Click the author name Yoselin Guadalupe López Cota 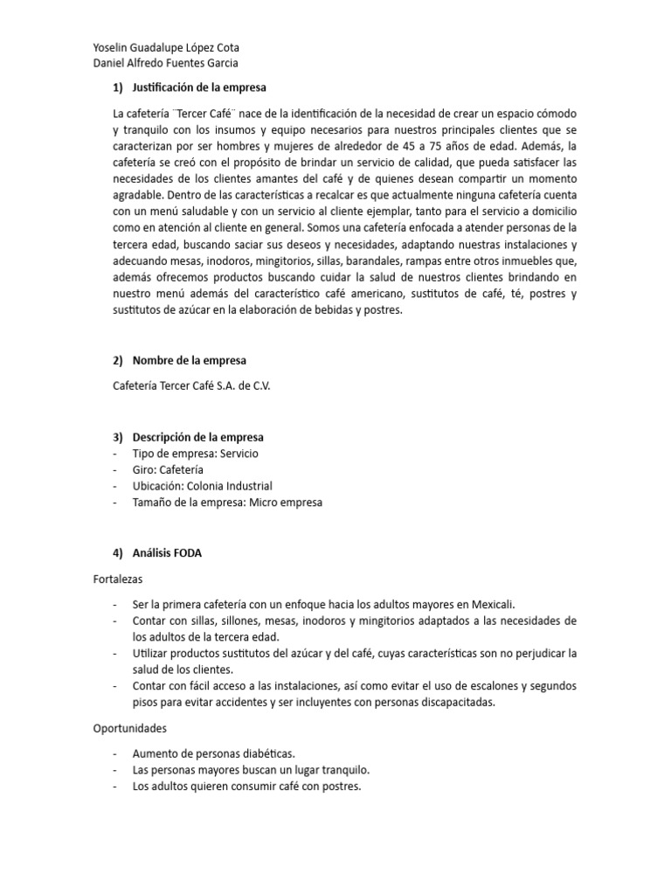pyautogui.click(x=165, y=48)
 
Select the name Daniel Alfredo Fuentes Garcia pyautogui.click(x=164, y=63)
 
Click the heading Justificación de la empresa pyautogui.click(x=199, y=87)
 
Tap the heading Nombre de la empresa pyautogui.click(x=189, y=360)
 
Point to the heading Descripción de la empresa pyautogui.click(x=197, y=437)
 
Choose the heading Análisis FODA pyautogui.click(x=167, y=552)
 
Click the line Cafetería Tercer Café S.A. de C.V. pyautogui.click(x=191, y=385)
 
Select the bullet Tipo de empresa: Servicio pyautogui.click(x=195, y=454)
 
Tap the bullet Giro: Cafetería pyautogui.click(x=168, y=469)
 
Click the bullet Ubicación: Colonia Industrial pyautogui.click(x=202, y=486)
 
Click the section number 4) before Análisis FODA pyautogui.click(x=119, y=552)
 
